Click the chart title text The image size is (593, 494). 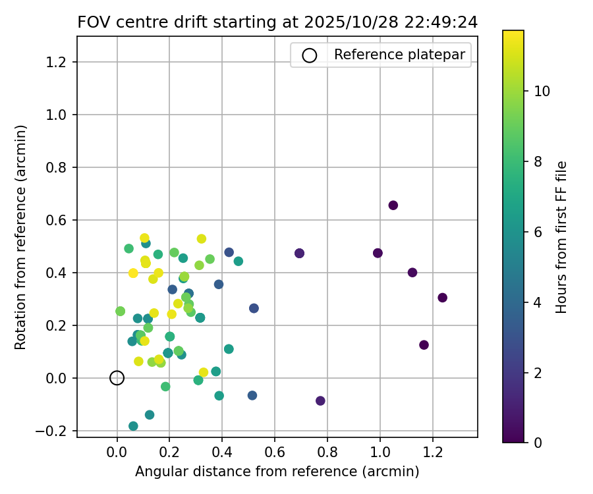277,22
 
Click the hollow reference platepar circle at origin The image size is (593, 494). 117,377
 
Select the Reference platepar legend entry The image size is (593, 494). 381,55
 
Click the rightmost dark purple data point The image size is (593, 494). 442,298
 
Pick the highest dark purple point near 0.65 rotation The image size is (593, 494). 393,206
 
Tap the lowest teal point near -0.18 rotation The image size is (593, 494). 133,426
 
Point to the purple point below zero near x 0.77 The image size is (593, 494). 320,400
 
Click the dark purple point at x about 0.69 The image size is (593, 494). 299,253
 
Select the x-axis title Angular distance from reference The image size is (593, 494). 277,472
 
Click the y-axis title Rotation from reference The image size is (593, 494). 21,237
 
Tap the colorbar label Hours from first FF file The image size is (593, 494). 561,237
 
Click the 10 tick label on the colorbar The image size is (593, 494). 542,91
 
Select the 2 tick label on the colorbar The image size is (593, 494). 538,373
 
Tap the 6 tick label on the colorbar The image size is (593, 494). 538,232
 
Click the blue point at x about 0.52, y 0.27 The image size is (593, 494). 254,308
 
